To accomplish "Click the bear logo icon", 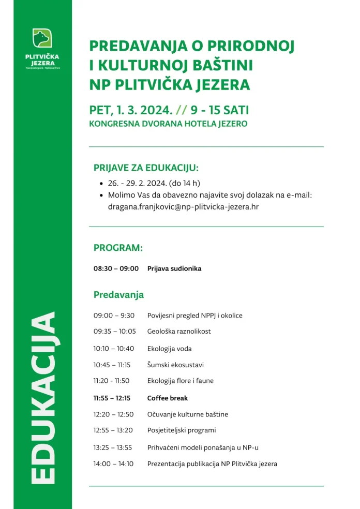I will coord(42,38).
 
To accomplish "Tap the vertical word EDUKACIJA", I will coord(42,398).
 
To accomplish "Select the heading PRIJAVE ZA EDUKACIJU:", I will coord(146,168).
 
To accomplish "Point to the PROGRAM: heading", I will coord(118,248).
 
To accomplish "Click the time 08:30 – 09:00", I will coord(116,268).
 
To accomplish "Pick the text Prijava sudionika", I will coord(174,268).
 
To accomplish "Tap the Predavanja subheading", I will coord(118,295).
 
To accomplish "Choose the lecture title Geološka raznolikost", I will coord(179,331).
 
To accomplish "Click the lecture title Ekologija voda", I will coord(169,349).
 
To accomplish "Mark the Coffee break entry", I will coord(168,398).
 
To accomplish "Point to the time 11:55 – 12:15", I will coord(112,398).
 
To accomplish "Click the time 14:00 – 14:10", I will coord(113,464).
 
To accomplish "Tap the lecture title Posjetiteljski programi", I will coord(182,430).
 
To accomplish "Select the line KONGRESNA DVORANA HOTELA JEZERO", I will coord(168,124).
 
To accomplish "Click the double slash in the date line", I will coord(181,110).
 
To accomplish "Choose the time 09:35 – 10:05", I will coord(114,331).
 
